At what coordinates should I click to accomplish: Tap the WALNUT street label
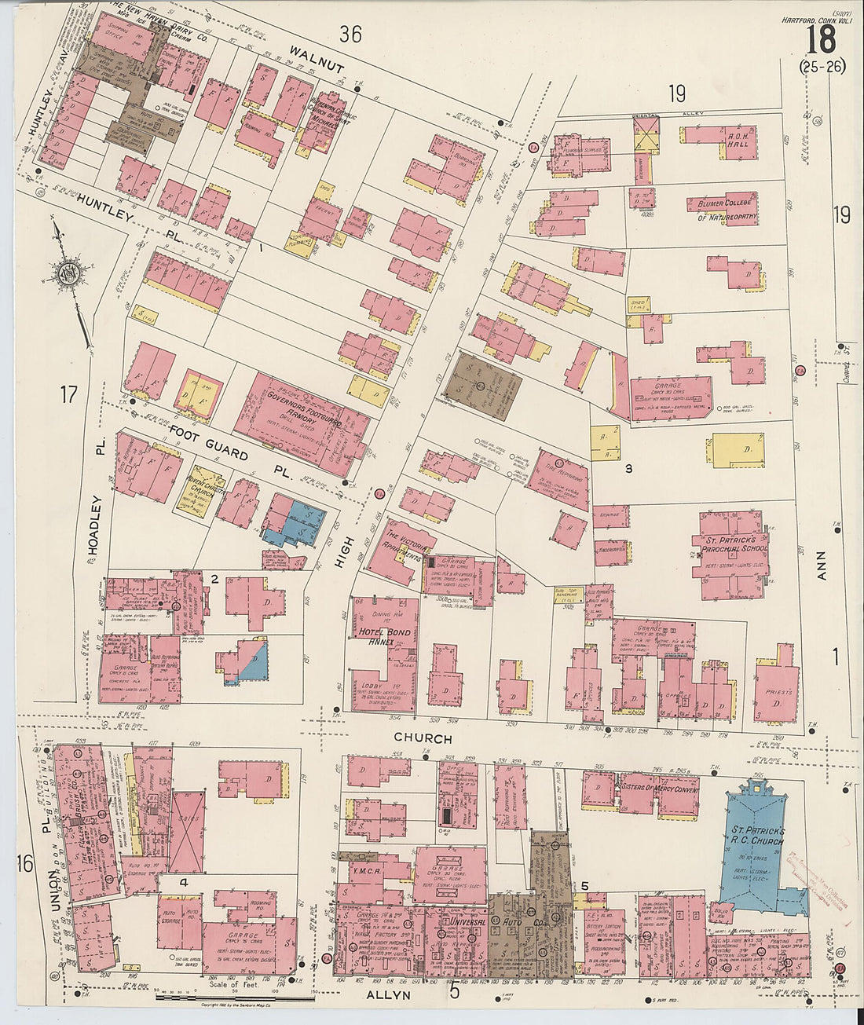coord(317,60)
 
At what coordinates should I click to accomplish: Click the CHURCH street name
coord(423,738)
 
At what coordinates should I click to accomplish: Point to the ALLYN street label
coord(389,994)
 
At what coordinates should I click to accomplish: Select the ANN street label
coord(822,565)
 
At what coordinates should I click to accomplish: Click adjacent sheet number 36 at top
coord(350,34)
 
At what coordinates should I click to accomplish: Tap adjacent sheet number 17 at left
coord(68,394)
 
